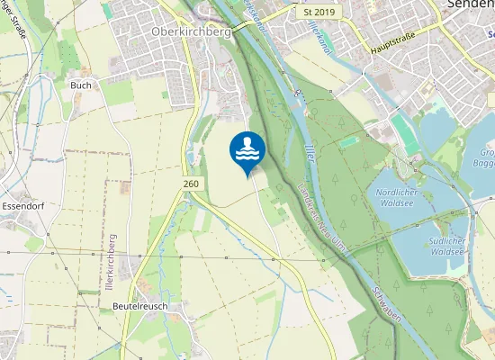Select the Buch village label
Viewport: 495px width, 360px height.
click(80, 85)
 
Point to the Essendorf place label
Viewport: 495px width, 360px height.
click(24, 206)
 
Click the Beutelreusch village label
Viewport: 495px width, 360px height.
click(141, 306)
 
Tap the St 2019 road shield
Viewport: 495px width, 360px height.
click(319, 13)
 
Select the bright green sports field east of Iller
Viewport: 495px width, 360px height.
click(349, 141)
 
